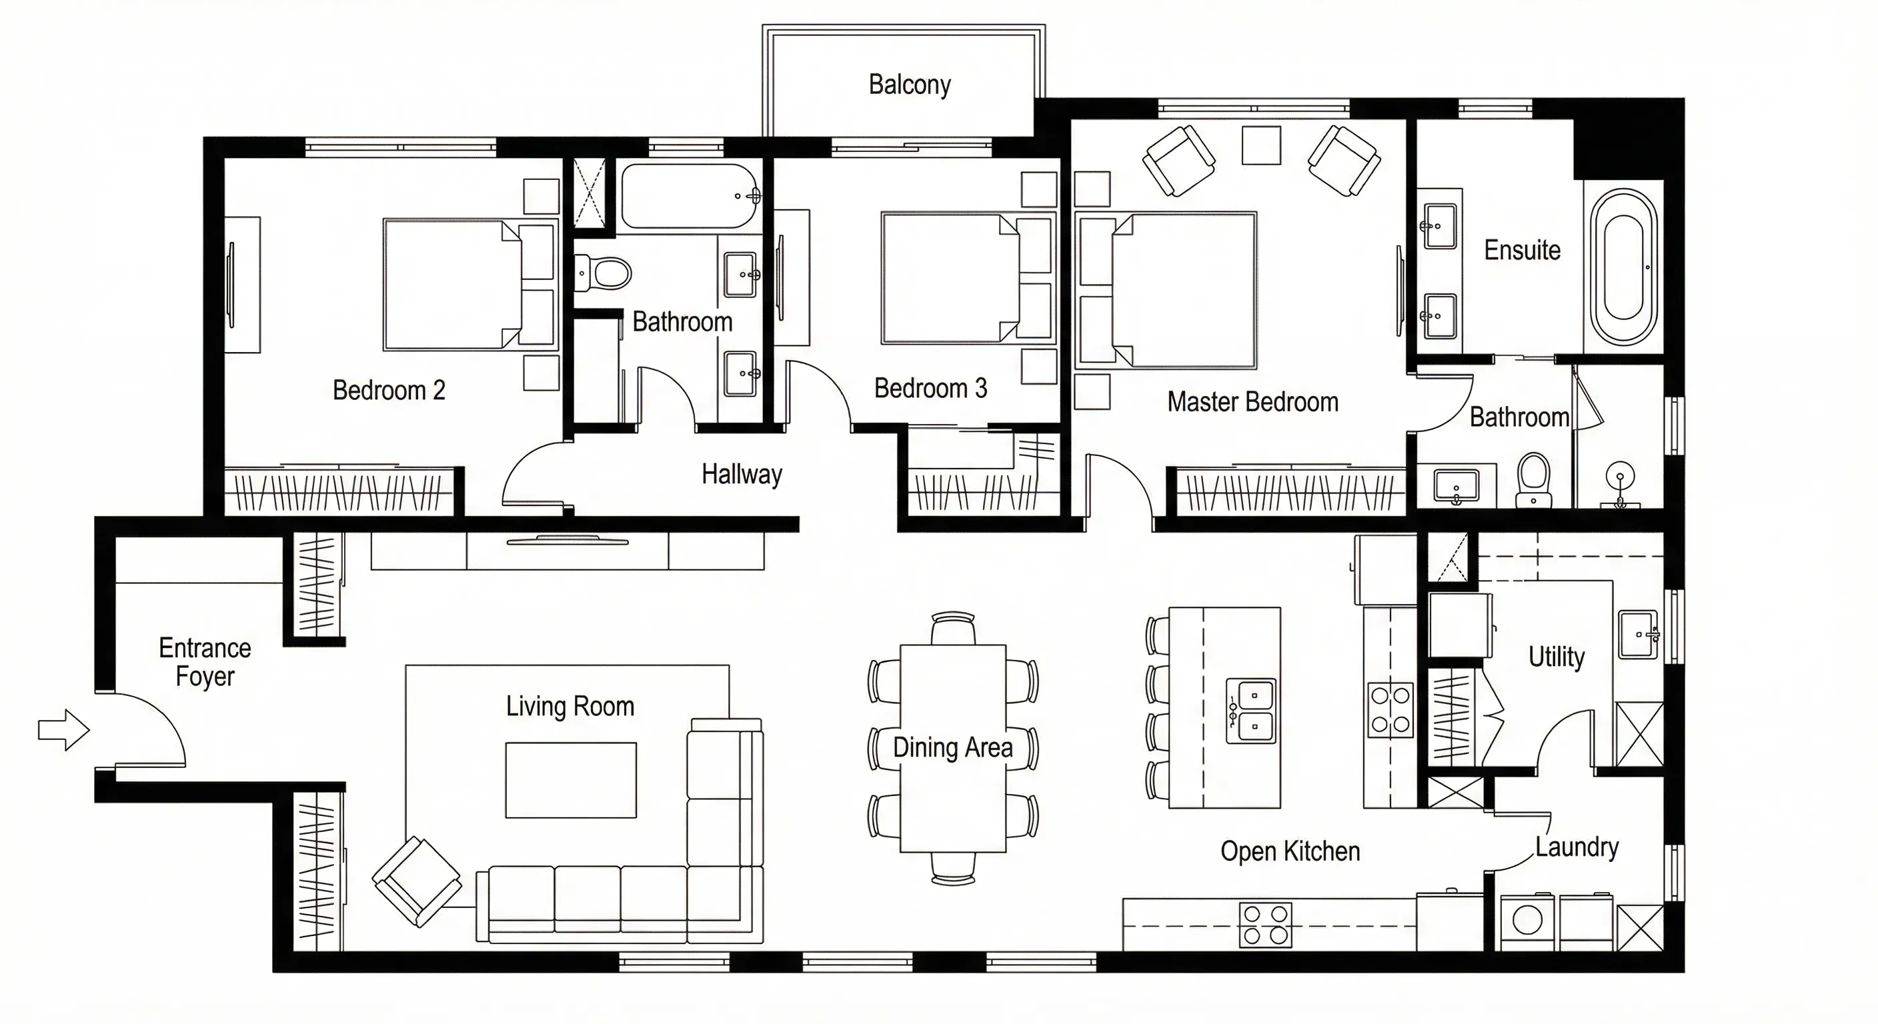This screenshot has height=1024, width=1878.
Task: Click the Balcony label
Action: point(910,85)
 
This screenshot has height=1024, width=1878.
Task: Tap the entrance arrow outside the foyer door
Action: point(64,729)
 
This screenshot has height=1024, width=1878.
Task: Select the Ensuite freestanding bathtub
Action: point(1623,267)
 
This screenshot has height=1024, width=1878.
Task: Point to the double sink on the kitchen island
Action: point(1251,711)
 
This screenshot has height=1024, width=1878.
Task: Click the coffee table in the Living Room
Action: point(571,780)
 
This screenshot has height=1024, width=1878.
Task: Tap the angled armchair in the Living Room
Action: point(417,881)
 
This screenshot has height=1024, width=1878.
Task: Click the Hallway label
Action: point(742,475)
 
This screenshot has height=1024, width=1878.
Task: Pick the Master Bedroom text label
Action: point(1252,402)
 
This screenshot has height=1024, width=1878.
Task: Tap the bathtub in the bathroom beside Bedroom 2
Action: point(690,196)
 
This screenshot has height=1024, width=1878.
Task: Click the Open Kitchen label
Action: point(1290,851)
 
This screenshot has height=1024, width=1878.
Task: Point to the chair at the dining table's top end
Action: point(953,627)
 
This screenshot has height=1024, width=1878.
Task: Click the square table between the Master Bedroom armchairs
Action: point(1261,145)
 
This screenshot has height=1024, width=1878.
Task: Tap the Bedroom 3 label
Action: point(931,389)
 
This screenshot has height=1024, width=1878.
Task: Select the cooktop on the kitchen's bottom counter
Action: point(1265,925)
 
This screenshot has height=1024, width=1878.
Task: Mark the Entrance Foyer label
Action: point(205,662)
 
